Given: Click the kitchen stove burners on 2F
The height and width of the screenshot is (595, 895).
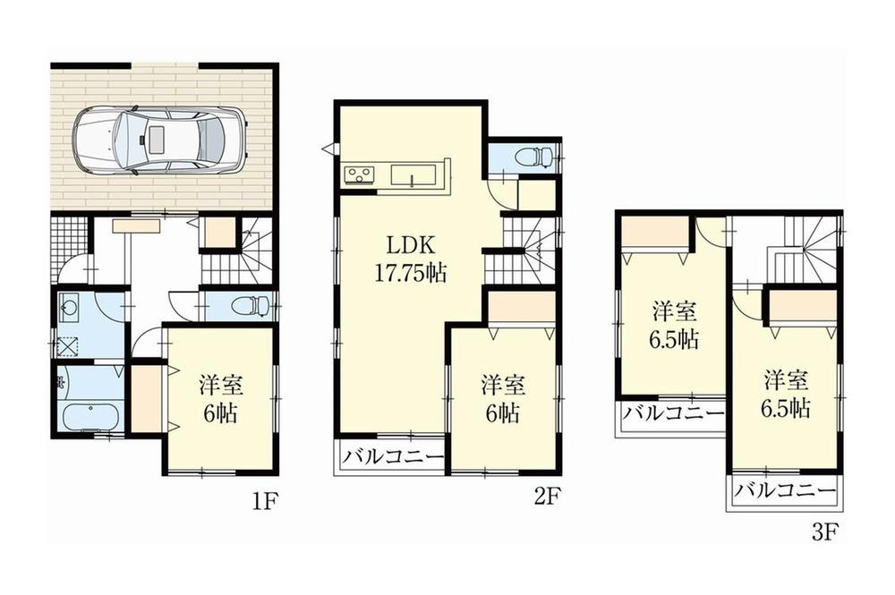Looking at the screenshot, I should [360, 174].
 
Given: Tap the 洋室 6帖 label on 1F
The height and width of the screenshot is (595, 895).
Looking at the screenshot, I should [220, 399].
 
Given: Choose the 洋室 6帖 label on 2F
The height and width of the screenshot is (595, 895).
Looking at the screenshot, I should [502, 399].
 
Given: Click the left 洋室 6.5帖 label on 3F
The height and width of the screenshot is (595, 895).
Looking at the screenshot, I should [674, 326].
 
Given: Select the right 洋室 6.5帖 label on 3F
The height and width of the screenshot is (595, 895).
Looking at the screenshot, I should [787, 394].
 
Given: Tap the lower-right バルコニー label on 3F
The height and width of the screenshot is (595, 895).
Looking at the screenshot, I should [785, 491].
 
